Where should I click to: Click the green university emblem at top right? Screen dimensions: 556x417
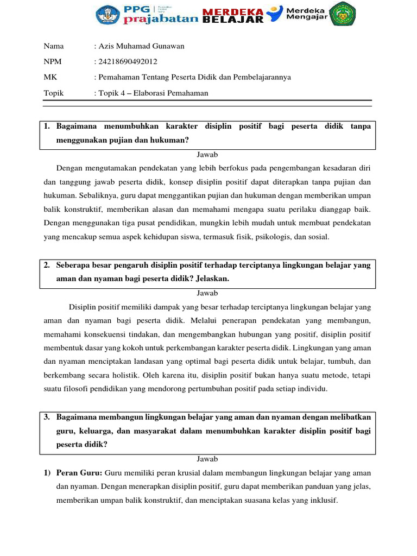[343, 14]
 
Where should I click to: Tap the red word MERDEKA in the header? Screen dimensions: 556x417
[233, 11]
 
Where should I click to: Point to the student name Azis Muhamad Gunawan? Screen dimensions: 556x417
[141, 46]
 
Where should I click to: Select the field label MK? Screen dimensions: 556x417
[50, 77]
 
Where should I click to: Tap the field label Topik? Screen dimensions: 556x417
[54, 93]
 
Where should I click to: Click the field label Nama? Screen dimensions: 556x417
[53, 46]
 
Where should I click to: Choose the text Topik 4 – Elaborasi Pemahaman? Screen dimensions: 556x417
[153, 93]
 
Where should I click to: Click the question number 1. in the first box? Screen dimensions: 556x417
[47, 127]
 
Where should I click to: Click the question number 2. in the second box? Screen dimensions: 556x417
[47, 265]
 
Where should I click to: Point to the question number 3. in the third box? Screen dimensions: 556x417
[47, 417]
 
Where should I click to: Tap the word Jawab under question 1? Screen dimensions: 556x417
[207, 154]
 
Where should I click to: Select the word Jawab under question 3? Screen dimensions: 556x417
[207, 459]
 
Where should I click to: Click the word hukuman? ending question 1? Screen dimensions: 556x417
[171, 140]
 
